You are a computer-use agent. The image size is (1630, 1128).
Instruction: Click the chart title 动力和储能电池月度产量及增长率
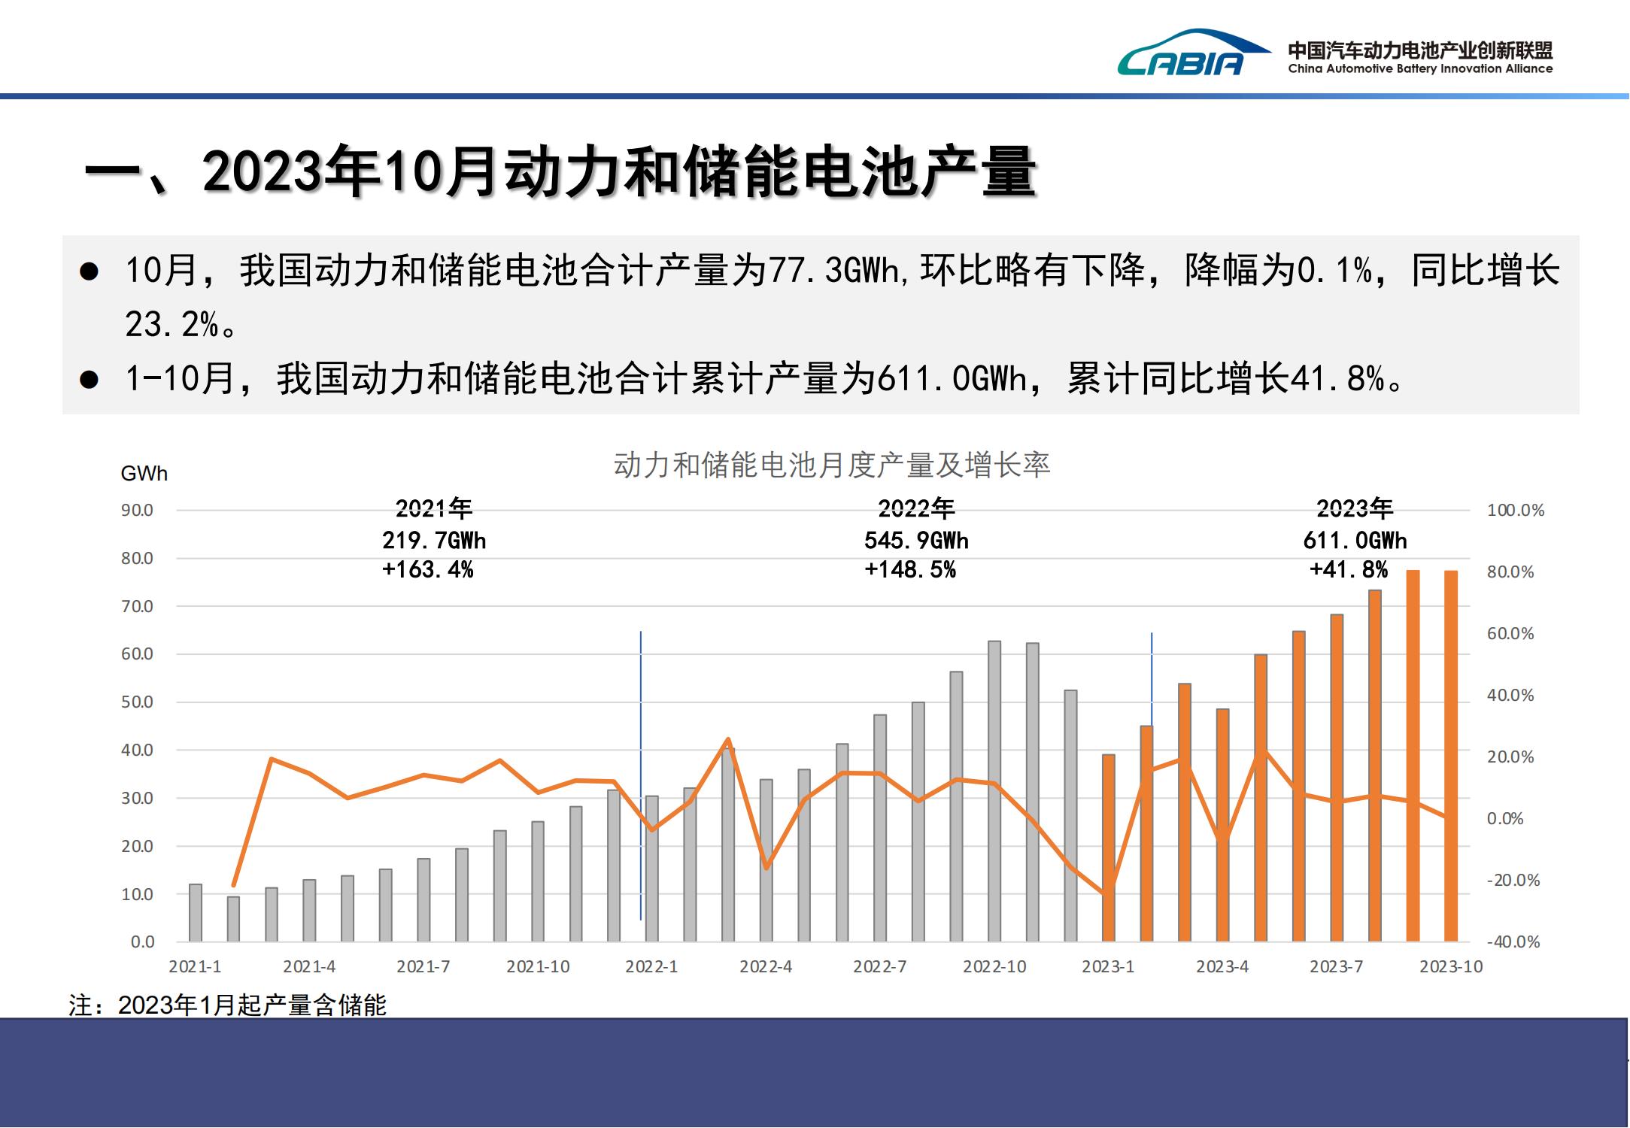[x=831, y=465]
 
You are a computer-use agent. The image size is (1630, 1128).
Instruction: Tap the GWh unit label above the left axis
[x=144, y=474]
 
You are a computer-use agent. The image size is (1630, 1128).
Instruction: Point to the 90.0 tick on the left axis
[x=137, y=511]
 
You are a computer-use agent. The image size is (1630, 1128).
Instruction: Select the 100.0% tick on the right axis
[x=1515, y=511]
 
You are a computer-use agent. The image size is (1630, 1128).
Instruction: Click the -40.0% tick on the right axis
[x=1513, y=942]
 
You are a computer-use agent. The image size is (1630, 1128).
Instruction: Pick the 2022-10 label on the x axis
[x=994, y=967]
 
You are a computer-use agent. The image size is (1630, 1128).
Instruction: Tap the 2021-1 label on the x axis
[x=195, y=967]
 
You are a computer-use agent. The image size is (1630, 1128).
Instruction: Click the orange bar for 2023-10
[x=1451, y=756]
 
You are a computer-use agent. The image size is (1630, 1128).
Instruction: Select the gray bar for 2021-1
[x=196, y=913]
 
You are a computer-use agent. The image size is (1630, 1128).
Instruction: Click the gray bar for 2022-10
[x=994, y=791]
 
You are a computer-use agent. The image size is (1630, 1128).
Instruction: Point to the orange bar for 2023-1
[x=1109, y=848]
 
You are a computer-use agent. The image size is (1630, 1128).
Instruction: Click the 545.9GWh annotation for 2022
[x=916, y=541]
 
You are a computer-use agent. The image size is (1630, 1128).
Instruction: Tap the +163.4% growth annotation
[x=427, y=570]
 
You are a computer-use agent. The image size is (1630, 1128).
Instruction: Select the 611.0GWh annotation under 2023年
[x=1355, y=541]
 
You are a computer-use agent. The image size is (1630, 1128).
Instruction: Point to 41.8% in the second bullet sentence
[x=1337, y=379]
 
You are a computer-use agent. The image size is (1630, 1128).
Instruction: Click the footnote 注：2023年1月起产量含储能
[x=227, y=1005]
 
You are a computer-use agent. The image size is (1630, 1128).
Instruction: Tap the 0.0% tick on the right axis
[x=1504, y=819]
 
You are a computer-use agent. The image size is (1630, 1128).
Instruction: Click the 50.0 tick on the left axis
[x=137, y=702]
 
